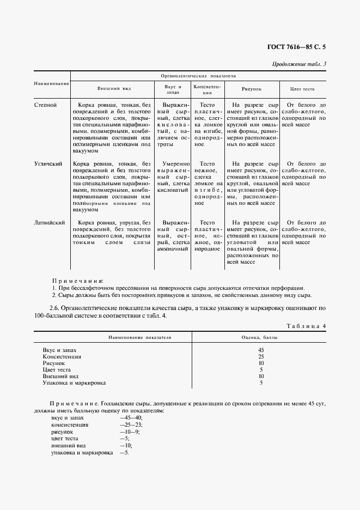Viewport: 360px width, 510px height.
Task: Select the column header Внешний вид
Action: [x=114, y=88]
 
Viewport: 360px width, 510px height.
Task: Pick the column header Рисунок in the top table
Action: [x=252, y=88]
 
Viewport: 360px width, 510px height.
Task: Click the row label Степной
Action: [x=45, y=105]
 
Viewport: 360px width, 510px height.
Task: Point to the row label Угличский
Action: [x=48, y=163]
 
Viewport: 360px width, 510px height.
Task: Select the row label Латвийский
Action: [x=50, y=222]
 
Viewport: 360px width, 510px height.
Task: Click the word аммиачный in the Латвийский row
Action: [x=173, y=248]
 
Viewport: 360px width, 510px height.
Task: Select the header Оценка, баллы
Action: [x=261, y=337]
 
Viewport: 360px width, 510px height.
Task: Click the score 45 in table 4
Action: [x=261, y=349]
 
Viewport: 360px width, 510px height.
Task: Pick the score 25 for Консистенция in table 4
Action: [x=261, y=356]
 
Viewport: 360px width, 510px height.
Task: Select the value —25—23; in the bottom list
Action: [x=130, y=424]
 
